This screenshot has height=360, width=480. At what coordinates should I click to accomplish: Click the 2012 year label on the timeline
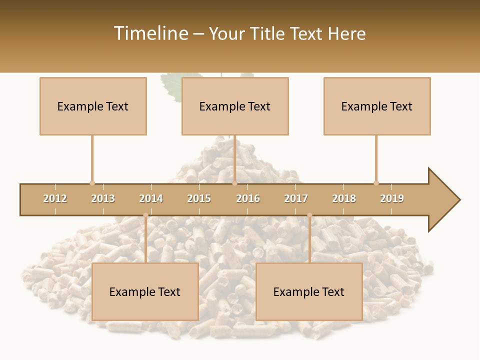point(55,198)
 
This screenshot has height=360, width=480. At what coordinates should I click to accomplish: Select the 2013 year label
point(103,198)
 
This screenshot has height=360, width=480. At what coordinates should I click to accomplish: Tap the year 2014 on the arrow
point(151,198)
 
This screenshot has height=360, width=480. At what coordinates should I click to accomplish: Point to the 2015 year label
point(199,198)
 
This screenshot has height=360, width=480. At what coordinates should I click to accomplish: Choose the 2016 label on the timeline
point(248,198)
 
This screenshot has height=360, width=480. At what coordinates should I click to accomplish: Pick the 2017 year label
point(296,198)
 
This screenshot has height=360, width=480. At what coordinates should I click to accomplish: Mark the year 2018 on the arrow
point(344,198)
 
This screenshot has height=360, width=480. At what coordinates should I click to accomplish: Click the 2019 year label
point(392,198)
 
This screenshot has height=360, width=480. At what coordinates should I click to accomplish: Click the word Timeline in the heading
point(150,33)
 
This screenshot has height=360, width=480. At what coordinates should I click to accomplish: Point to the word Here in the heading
point(346,33)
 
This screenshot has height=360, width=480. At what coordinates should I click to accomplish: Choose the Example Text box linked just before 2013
point(93,106)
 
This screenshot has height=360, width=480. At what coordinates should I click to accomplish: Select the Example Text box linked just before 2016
point(235,106)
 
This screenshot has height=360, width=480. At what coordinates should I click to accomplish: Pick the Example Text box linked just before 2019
point(377,106)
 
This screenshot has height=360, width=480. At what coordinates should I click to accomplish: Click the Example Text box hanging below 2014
point(145,291)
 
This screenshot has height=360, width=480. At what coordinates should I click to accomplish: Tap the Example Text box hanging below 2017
point(309,291)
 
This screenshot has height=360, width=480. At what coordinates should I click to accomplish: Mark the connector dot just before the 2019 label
point(376,183)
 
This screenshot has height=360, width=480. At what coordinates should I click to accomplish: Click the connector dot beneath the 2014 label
point(145,215)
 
